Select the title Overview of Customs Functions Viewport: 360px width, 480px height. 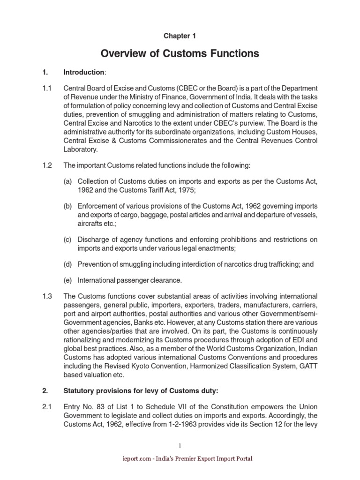(x=180, y=53)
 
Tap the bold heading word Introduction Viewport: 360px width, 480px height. (x=84, y=72)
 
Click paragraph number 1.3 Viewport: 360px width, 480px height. (x=46, y=296)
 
